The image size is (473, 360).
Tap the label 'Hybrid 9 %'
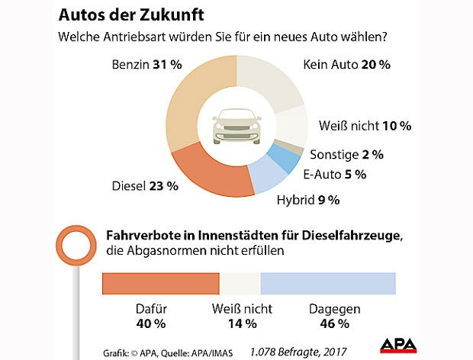(x=307, y=201)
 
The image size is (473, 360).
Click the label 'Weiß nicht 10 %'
(x=362, y=125)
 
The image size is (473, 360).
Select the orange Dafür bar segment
(x=160, y=282)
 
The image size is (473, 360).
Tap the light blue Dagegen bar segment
(x=328, y=282)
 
